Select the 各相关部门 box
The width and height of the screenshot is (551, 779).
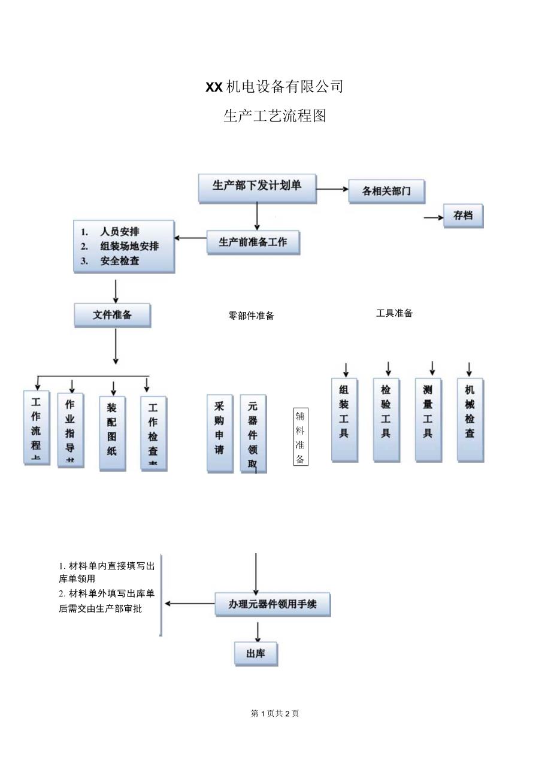(x=387, y=192)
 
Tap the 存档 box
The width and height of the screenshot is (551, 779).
(x=463, y=216)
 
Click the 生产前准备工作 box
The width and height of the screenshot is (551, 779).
(x=253, y=243)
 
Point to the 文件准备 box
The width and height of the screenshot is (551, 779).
(x=112, y=315)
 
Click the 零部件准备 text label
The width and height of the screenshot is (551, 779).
(x=251, y=316)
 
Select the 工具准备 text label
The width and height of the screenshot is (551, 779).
(x=394, y=313)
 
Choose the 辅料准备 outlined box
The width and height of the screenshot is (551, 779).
(x=301, y=438)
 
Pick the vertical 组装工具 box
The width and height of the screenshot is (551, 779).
(x=344, y=419)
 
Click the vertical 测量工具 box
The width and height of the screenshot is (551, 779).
(x=428, y=419)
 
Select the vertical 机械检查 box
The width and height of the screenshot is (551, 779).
(x=470, y=419)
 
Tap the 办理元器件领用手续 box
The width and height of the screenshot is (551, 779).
(x=273, y=605)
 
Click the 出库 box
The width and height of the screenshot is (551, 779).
(x=256, y=654)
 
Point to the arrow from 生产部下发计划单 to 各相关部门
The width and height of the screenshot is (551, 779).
(x=332, y=189)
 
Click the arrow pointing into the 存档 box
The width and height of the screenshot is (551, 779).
(x=434, y=217)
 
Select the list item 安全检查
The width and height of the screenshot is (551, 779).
(x=120, y=261)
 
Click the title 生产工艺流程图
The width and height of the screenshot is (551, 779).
(x=275, y=116)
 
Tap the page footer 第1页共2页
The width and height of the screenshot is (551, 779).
(x=275, y=713)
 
